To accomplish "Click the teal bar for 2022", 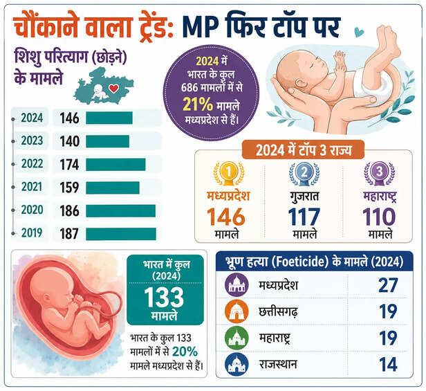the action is pyautogui.click(x=115, y=165).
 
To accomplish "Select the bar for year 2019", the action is pyautogui.click(x=121, y=234).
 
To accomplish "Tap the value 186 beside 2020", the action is pyautogui.click(x=70, y=211).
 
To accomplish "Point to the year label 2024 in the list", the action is pyautogui.click(x=32, y=118).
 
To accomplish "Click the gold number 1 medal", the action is pyautogui.click(x=229, y=173).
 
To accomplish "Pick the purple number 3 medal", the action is pyautogui.click(x=379, y=173).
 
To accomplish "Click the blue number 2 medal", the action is pyautogui.click(x=304, y=173).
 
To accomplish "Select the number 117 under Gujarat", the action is pyautogui.click(x=304, y=217).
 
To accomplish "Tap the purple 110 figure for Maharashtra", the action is pyautogui.click(x=379, y=217).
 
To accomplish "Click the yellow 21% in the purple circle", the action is pyautogui.click(x=198, y=104).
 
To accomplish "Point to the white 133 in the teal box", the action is pyautogui.click(x=164, y=297).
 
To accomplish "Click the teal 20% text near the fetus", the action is pyautogui.click(x=185, y=352).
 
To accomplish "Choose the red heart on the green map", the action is pyautogui.click(x=113, y=88).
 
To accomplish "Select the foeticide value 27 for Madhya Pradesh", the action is pyautogui.click(x=388, y=285).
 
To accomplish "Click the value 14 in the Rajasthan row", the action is pyautogui.click(x=388, y=364).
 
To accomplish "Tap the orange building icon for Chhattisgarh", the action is pyautogui.click(x=237, y=311).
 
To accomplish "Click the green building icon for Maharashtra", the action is pyautogui.click(x=237, y=338).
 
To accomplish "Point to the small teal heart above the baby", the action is pyautogui.click(x=359, y=32).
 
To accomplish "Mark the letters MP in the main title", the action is pyautogui.click(x=201, y=26).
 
